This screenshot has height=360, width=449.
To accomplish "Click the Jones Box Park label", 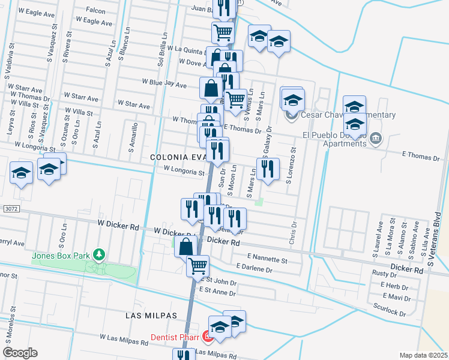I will [x=61, y=256].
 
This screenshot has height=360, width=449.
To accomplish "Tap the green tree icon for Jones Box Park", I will [x=99, y=256].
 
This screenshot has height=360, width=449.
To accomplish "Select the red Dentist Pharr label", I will [x=175, y=337].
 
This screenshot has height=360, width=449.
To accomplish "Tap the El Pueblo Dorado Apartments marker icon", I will [x=375, y=139].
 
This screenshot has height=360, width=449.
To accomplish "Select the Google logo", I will [x=20, y=352].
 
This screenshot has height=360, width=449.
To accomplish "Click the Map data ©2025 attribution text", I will [x=423, y=355].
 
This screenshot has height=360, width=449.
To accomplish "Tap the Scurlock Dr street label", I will [x=389, y=311].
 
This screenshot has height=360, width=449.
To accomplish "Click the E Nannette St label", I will [x=267, y=259].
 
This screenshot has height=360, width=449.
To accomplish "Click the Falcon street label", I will [x=95, y=10].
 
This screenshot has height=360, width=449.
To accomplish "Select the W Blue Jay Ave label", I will [x=164, y=83].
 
